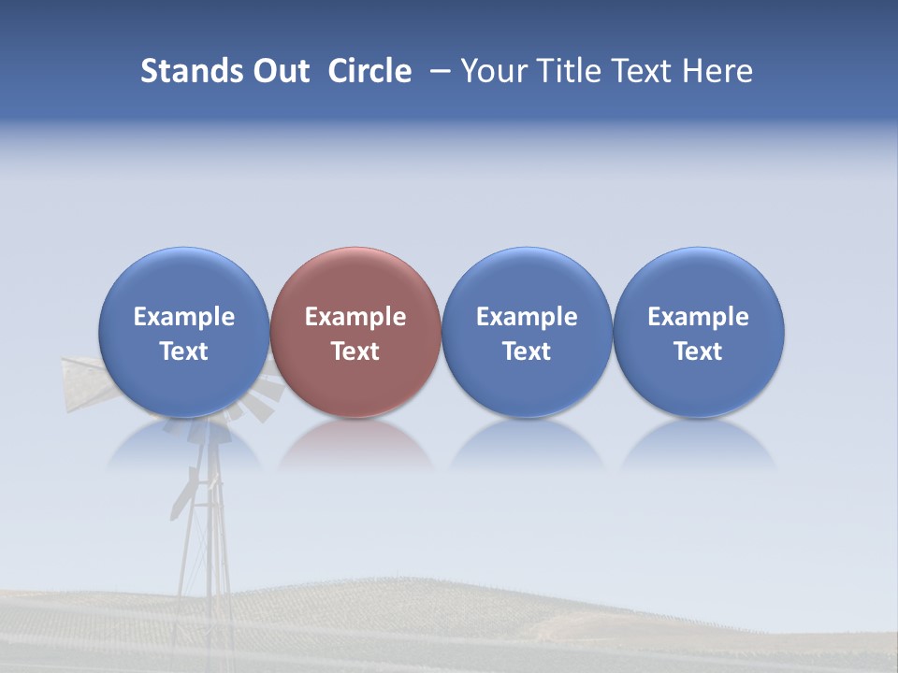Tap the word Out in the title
(x=279, y=71)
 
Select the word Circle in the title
(x=369, y=71)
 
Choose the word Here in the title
(x=717, y=71)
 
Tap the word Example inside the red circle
(x=355, y=317)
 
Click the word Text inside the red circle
(x=355, y=351)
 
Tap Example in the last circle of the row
(x=698, y=317)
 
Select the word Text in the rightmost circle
(x=698, y=351)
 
